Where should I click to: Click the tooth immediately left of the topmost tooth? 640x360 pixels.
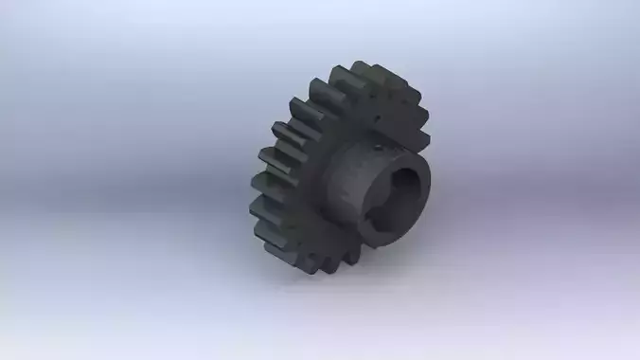click(x=337, y=81)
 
